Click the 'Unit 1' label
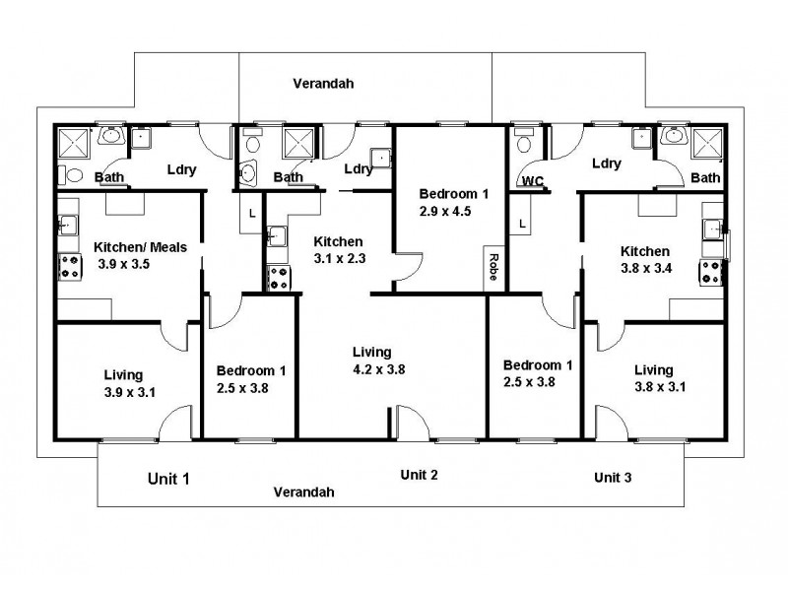pos(167,479)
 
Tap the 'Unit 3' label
pos(614,477)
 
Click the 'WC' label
pos(532,181)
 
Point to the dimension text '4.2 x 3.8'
pos(378,369)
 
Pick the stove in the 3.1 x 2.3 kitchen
pos(277,278)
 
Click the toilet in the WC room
pos(523,142)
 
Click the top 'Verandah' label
pos(323,84)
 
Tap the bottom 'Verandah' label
pos(303,492)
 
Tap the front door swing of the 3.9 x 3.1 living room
pos(172,425)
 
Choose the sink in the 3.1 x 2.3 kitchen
pos(275,235)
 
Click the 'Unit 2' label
pos(419,475)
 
